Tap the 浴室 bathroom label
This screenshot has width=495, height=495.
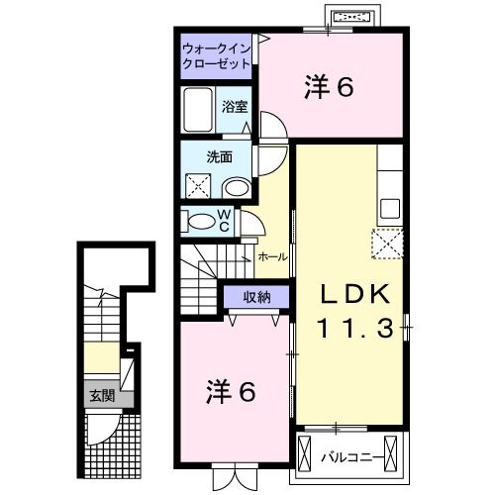(x=235, y=106)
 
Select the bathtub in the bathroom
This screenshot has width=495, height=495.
(x=197, y=109)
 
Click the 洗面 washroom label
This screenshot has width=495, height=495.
(x=219, y=155)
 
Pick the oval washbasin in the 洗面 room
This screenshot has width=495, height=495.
(x=236, y=188)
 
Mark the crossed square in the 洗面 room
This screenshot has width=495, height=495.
(x=199, y=185)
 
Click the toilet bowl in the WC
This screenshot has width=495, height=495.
(x=201, y=222)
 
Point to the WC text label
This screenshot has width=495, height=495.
(x=224, y=220)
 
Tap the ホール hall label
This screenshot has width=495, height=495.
(x=272, y=257)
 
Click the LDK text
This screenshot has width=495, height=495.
(x=355, y=293)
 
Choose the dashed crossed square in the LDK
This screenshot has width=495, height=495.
(x=387, y=242)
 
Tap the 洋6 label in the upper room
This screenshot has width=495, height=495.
(x=329, y=88)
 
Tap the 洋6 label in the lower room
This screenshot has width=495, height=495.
(x=232, y=392)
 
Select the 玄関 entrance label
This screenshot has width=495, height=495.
(x=101, y=397)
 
